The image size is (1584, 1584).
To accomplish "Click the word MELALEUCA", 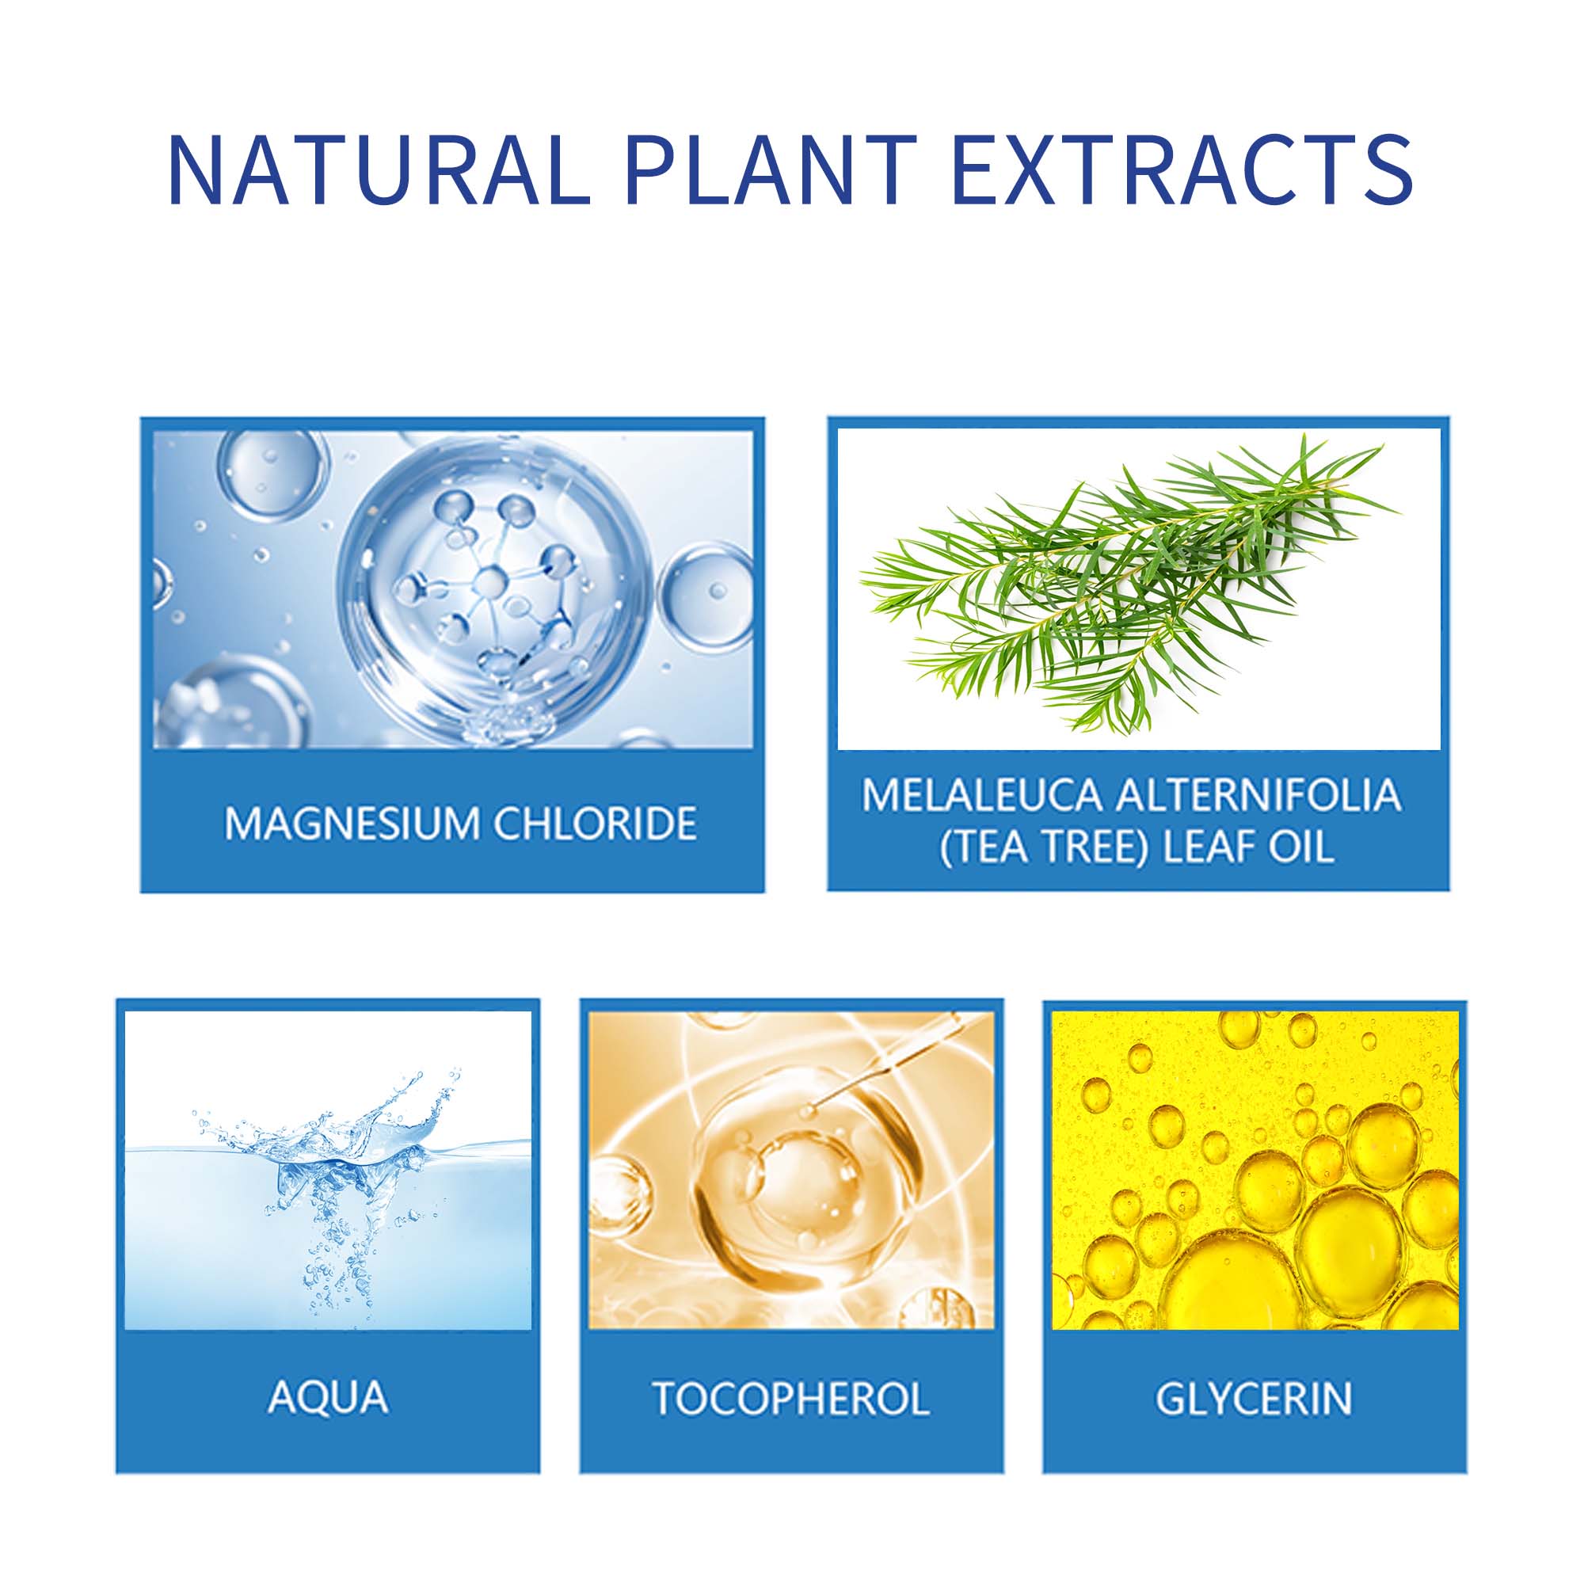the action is (981, 794).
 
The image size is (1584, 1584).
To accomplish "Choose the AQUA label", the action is (328, 1397).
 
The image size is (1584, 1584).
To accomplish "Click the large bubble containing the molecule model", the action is (495, 588).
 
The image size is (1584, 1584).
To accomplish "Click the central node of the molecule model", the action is (490, 582).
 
